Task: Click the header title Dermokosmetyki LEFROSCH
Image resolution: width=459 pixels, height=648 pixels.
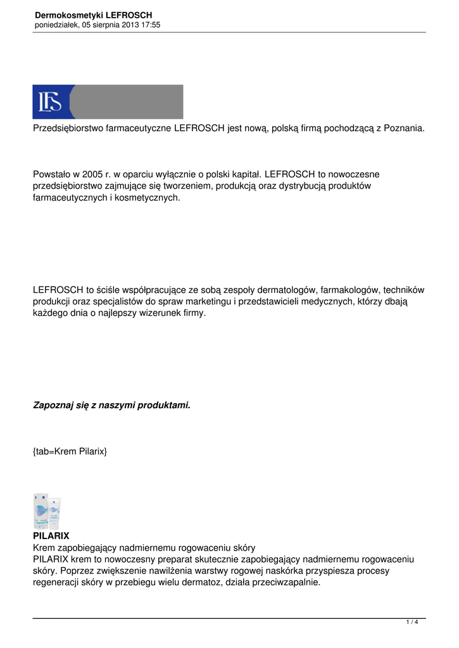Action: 94,15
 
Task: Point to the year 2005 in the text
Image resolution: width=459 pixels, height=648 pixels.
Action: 92,173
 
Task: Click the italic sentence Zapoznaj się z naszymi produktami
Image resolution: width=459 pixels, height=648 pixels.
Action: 111,405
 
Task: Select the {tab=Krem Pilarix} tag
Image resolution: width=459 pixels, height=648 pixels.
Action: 70,452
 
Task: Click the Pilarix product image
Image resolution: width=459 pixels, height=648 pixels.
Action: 47,511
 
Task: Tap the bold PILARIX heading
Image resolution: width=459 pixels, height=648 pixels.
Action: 51,536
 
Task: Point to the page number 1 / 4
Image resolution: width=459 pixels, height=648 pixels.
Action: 412,622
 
